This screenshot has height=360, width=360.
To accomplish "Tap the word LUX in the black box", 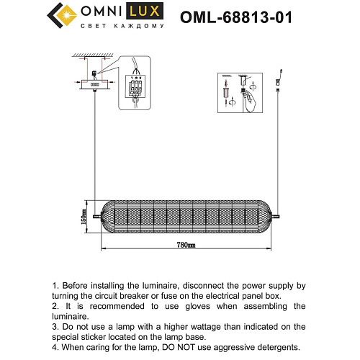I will coord(140,12).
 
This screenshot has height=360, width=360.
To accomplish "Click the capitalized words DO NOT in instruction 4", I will coord(189,346).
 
